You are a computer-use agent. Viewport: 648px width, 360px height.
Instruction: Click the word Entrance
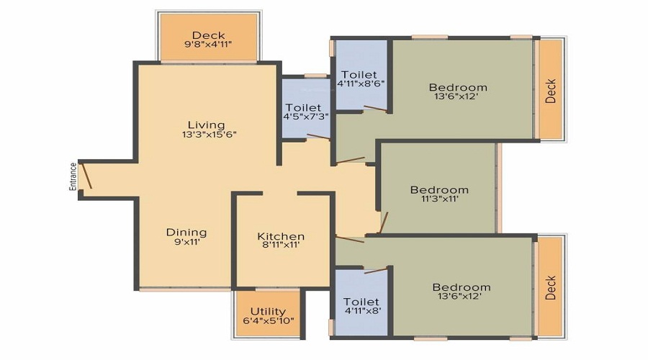pos(73,176)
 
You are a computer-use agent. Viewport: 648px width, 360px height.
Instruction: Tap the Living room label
pos(207,125)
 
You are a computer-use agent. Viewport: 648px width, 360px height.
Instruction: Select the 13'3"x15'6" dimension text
pos(209,134)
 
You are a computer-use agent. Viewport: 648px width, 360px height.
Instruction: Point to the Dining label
pos(186,232)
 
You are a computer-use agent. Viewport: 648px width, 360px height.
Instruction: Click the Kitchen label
pos(281,236)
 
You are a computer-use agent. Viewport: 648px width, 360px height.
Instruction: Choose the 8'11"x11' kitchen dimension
pos(281,245)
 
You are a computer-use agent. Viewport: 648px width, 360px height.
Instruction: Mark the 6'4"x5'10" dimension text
pos(268,320)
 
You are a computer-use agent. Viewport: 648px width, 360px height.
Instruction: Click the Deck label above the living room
pos(209,35)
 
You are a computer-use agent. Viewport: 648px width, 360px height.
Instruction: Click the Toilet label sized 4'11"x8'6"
pos(359,74)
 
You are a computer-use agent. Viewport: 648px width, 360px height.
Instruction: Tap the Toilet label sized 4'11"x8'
pos(361,301)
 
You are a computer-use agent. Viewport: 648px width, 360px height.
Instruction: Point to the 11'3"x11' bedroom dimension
pos(439,199)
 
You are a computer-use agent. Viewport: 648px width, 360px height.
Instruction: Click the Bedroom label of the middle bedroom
pos(439,190)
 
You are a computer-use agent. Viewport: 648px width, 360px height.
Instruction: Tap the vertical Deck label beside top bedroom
pos(551,91)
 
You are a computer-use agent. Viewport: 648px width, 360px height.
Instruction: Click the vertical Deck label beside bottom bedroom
pos(551,288)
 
